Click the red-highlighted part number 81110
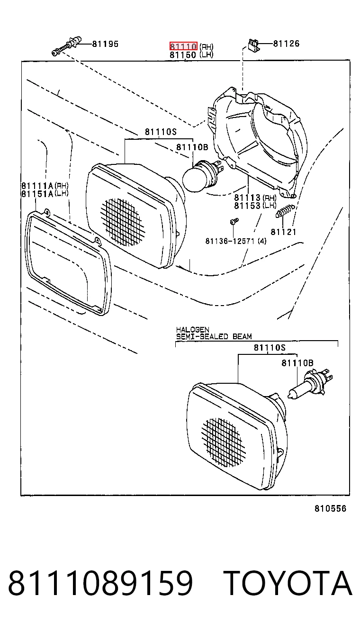[x=183, y=46]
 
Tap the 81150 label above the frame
[x=182, y=54]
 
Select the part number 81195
[x=105, y=44]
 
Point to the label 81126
[x=286, y=44]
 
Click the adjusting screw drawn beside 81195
[x=67, y=45]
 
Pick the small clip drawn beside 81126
[x=253, y=45]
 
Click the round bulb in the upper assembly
[x=202, y=175]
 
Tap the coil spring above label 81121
[x=285, y=210]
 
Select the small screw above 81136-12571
[x=234, y=221]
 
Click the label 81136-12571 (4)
[x=235, y=241]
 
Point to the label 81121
[x=283, y=232]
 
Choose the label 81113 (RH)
[x=255, y=198]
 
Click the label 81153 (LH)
[x=255, y=206]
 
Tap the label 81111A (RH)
[x=45, y=186]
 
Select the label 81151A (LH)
[x=45, y=194]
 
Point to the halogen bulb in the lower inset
[x=310, y=384]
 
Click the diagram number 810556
[x=330, y=509]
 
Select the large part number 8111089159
[x=100, y=583]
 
